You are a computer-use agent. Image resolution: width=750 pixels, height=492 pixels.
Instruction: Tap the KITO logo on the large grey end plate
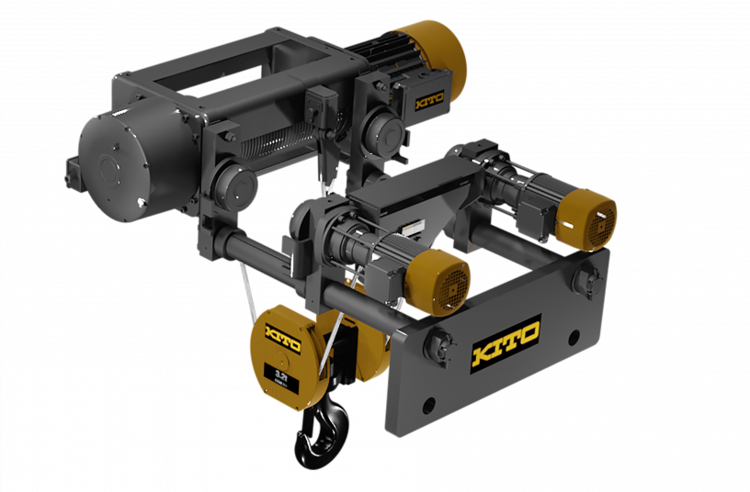505,343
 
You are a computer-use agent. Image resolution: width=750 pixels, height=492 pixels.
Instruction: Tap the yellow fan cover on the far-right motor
588,219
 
